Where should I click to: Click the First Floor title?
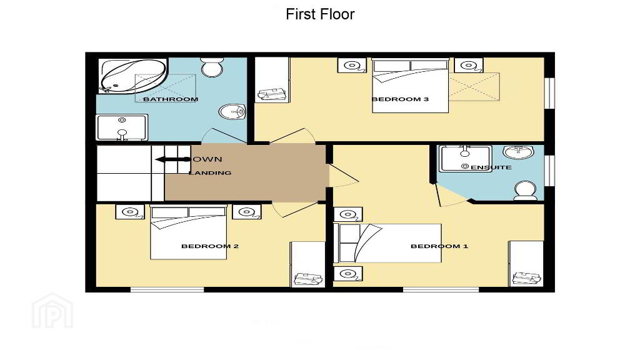[320, 14]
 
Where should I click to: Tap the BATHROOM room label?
[171, 99]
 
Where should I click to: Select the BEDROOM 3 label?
[400, 99]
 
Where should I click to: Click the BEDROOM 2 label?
[210, 246]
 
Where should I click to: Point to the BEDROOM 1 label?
[439, 246]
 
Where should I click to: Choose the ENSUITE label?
[491, 167]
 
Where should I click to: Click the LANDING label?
[210, 173]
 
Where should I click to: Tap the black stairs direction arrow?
[173, 159]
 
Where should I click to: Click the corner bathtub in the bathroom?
[133, 76]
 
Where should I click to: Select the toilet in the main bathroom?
[211, 67]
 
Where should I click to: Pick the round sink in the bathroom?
[232, 111]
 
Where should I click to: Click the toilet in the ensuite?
[525, 191]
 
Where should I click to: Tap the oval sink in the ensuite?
[518, 152]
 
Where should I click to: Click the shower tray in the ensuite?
[465, 159]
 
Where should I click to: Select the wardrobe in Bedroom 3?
[272, 79]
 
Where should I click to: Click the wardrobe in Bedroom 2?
[307, 264]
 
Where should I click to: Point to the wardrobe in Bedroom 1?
[526, 263]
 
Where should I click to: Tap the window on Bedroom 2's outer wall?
[167, 290]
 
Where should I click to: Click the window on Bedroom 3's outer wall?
[550, 93]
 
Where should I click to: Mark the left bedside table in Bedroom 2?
[130, 212]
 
